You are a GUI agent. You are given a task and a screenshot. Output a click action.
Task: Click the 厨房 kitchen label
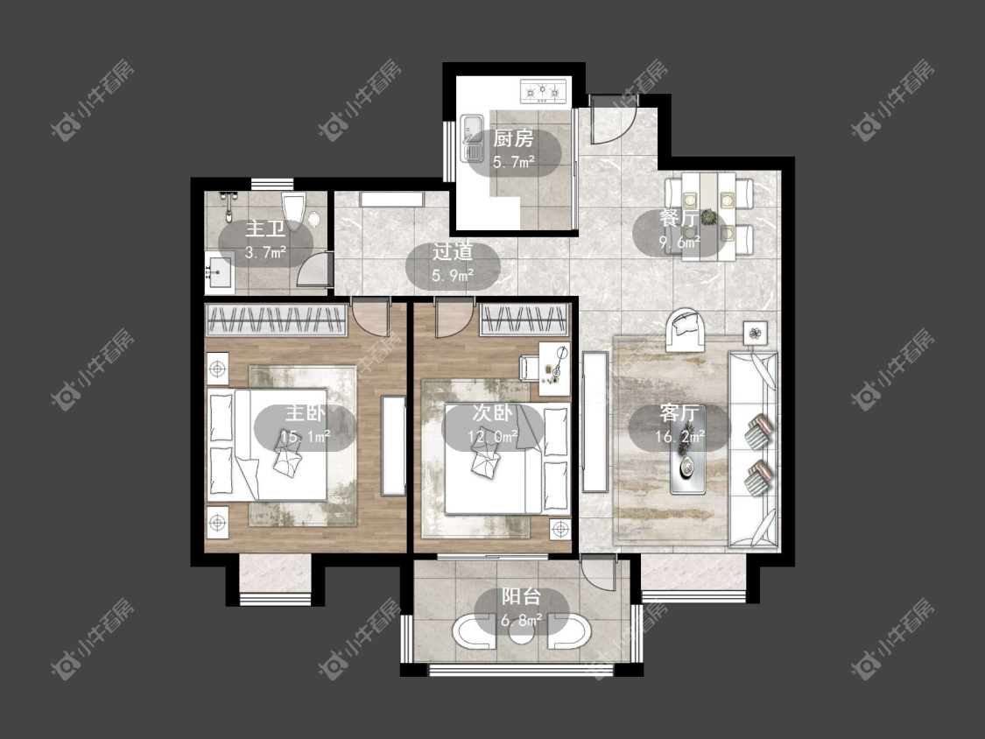pyautogui.click(x=513, y=138)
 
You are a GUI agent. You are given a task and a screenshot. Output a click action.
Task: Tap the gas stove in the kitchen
pyautogui.click(x=544, y=92)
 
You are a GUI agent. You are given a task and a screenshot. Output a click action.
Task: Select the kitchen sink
pyautogui.click(x=470, y=137)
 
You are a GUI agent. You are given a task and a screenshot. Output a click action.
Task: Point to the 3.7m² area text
pyautogui.click(x=265, y=253)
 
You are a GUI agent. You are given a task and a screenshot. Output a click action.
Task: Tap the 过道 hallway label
pyautogui.click(x=453, y=253)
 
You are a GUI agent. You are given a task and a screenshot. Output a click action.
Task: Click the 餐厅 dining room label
pyautogui.click(x=679, y=219)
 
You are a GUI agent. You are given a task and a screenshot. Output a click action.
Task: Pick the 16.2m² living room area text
pyautogui.click(x=679, y=435)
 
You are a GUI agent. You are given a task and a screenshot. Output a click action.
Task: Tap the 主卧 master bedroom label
pyautogui.click(x=306, y=413)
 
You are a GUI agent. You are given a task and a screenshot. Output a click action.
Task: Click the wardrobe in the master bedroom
pyautogui.click(x=277, y=320)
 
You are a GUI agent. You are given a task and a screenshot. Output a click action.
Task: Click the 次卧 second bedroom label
pyautogui.click(x=493, y=413)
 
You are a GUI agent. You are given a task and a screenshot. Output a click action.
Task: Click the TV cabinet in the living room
pyautogui.click(x=595, y=422)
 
